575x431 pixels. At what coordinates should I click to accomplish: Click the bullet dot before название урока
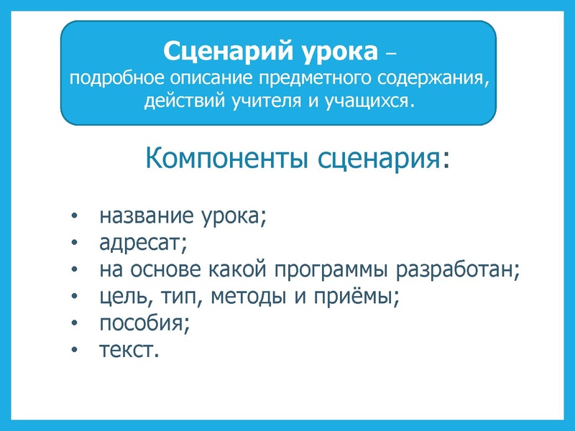point(75,217)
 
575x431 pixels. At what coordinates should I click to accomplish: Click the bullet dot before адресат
point(75,244)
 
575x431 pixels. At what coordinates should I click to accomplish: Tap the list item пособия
point(144,323)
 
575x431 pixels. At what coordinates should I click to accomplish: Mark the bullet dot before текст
point(75,351)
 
